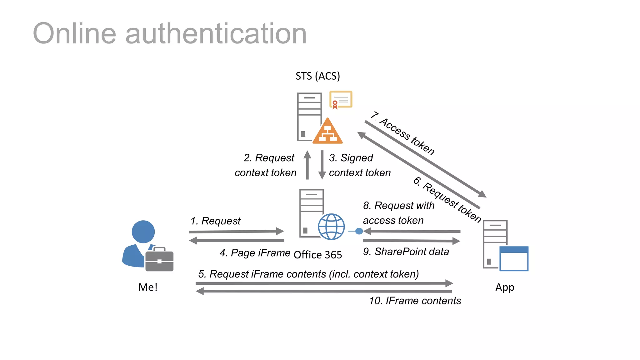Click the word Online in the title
pyautogui.click(x=74, y=34)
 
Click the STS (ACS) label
pyautogui.click(x=317, y=76)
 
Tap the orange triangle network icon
pyautogui.click(x=327, y=133)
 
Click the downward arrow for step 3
pyautogui.click(x=322, y=165)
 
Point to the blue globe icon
pyautogui.click(x=331, y=227)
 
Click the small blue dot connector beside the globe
pyautogui.click(x=359, y=231)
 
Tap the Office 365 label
pyautogui.click(x=317, y=255)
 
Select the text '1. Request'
pyautogui.click(x=215, y=221)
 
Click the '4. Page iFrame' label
pyautogui.click(x=255, y=252)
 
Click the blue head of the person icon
pyautogui.click(x=143, y=232)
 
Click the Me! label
pyautogui.click(x=147, y=287)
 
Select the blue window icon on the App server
pyautogui.click(x=514, y=259)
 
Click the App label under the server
pyautogui.click(x=504, y=287)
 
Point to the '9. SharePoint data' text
pyautogui.click(x=406, y=252)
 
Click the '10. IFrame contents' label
pyautogui.click(x=415, y=301)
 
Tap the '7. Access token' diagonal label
pyautogui.click(x=403, y=133)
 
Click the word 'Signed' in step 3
pyautogui.click(x=357, y=158)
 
